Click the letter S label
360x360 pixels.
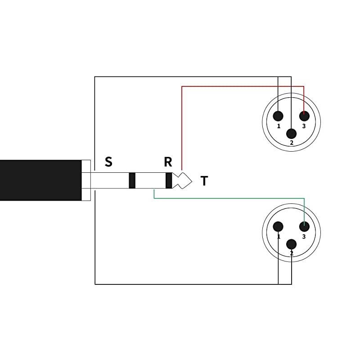(x=108, y=162)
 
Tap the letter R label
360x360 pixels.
(x=168, y=162)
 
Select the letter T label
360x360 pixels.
(x=204, y=181)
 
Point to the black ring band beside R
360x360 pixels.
(x=168, y=181)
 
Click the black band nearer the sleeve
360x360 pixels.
(x=132, y=181)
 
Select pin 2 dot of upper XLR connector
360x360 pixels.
(x=292, y=133)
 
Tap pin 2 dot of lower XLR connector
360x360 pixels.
(x=292, y=244)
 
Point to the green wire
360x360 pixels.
(x=225, y=198)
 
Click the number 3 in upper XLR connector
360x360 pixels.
(x=304, y=126)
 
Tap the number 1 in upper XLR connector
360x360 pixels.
(x=279, y=126)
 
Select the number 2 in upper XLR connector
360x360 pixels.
(x=292, y=143)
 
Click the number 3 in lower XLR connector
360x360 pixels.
(x=304, y=237)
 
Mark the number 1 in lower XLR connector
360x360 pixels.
(x=279, y=237)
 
